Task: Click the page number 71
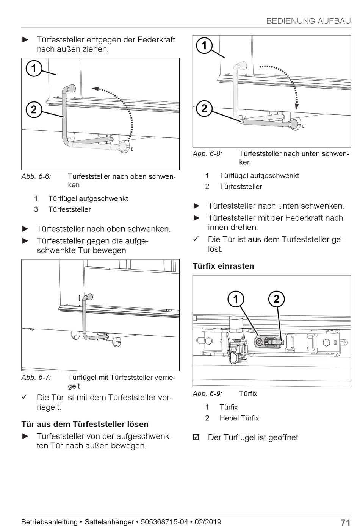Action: pyautogui.click(x=345, y=522)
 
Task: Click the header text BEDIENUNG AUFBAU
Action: pyautogui.click(x=308, y=21)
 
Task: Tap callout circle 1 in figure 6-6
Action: pyautogui.click(x=34, y=69)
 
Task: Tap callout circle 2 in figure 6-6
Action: pyautogui.click(x=34, y=109)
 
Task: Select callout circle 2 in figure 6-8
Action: pyautogui.click(x=204, y=109)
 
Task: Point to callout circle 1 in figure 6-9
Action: pyautogui.click(x=236, y=299)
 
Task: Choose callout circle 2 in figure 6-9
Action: pyautogui.click(x=276, y=299)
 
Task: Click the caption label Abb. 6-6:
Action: pyautogui.click(x=36, y=176)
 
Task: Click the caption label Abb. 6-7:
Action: pyautogui.click(x=36, y=378)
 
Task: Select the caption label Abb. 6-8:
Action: pyautogui.click(x=207, y=154)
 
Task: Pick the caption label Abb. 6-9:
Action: pyautogui.click(x=207, y=393)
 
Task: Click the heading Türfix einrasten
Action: pyautogui.click(x=223, y=266)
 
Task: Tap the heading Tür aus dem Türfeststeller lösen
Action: pyautogui.click(x=85, y=424)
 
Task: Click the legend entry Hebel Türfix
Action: pyautogui.click(x=239, y=418)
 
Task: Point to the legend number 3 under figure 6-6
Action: pyautogui.click(x=36, y=209)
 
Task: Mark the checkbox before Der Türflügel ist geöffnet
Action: pyautogui.click(x=196, y=438)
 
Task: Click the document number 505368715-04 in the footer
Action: pyautogui.click(x=164, y=522)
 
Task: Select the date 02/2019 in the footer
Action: pyautogui.click(x=208, y=522)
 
